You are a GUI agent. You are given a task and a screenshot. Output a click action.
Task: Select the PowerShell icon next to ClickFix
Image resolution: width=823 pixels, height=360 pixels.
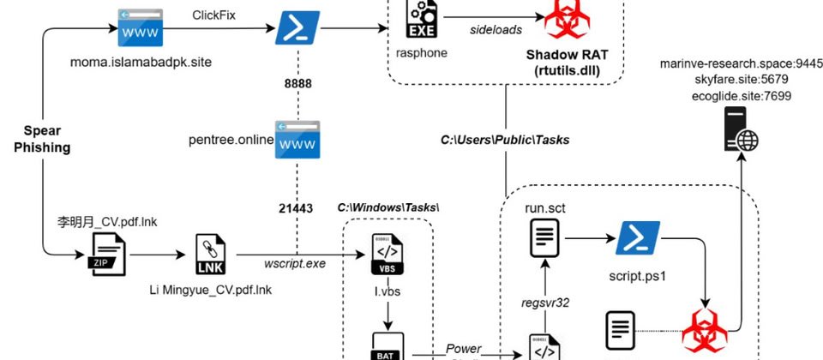297,29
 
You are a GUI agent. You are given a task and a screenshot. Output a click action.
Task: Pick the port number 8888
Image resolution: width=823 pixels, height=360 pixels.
298,83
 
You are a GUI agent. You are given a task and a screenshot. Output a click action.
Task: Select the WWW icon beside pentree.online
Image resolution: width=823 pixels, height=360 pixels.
297,140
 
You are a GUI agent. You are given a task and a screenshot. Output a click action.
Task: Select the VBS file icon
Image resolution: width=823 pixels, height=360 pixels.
386,254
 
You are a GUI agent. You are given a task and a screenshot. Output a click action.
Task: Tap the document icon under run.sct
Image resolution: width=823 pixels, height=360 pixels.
545,237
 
